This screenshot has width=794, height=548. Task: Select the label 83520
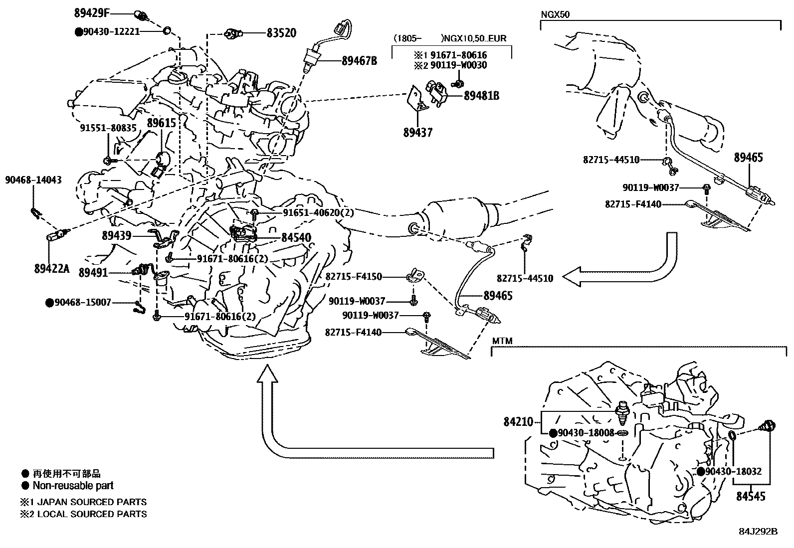coord(281,33)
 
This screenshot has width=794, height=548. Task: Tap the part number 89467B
coord(359,61)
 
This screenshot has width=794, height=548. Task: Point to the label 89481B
coord(481,96)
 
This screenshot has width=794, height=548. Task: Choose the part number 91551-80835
coord(108,128)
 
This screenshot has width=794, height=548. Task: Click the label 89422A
coord(52,269)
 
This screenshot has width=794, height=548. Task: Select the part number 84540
coord(296,238)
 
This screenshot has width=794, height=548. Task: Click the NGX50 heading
coord(555,14)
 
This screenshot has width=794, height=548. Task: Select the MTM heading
coord(502,341)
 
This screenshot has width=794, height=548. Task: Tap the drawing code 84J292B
coord(758,531)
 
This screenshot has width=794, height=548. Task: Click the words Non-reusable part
coord(73,485)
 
